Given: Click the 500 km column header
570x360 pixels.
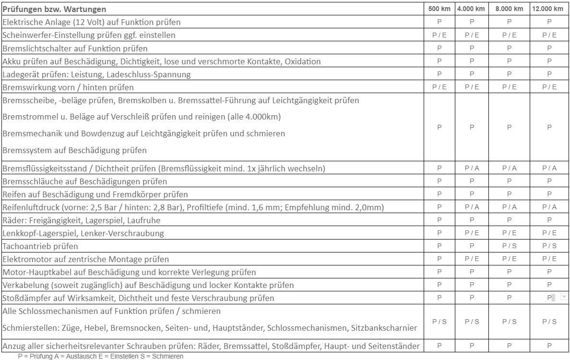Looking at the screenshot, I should coord(439,9).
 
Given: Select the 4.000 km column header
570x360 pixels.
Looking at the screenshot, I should coord(471,9).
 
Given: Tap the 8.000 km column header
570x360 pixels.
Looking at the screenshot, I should coord(509,9).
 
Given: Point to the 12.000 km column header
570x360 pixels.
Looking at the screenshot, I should coord(549,9).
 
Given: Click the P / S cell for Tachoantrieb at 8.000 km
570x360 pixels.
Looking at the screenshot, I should coord(509,246).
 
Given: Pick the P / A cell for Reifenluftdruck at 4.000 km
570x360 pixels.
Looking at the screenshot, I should coord(471,207).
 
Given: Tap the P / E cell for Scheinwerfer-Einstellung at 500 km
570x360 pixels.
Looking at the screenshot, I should coord(439,35).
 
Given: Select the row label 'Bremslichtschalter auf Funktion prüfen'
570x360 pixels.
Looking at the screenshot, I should coord(75,48).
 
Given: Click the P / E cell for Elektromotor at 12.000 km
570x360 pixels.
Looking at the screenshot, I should coord(549,259).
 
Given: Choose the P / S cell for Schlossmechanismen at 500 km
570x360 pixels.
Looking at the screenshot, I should coord(439,321).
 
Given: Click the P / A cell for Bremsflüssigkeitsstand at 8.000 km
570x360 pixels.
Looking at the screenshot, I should coord(509,168).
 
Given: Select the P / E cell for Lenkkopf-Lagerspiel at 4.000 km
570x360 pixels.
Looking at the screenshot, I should coord(471,233).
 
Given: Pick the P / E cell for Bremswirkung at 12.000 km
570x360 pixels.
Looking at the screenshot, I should coord(549,87).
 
